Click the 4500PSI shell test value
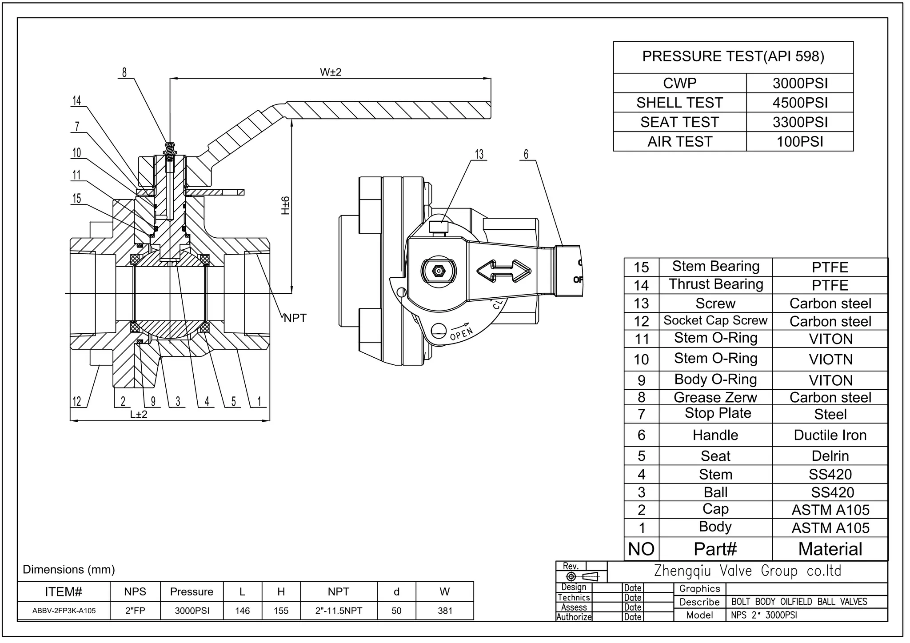(800, 103)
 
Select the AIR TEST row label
(679, 142)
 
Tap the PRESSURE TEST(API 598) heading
(733, 56)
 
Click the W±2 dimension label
(331, 72)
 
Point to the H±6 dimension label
(285, 205)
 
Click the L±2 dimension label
(139, 415)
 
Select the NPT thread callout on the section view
(295, 318)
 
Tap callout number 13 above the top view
(479, 154)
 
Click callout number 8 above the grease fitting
(124, 72)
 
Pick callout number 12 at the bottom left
(77, 402)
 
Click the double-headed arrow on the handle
(503, 271)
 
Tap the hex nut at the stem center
(439, 271)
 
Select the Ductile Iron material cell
(830, 435)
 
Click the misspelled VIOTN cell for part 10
(830, 359)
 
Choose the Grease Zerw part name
(715, 397)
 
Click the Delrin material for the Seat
(830, 456)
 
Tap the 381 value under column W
(445, 611)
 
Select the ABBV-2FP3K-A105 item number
(64, 611)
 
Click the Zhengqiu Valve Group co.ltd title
(747, 571)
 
